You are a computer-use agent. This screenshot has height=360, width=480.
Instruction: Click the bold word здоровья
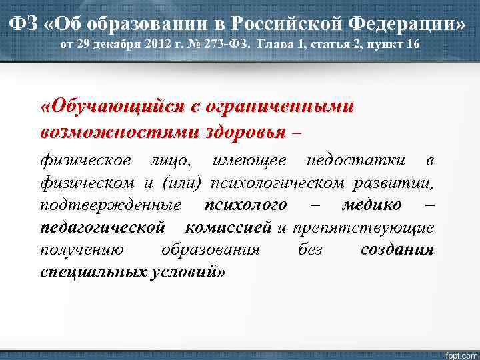tap(246, 131)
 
